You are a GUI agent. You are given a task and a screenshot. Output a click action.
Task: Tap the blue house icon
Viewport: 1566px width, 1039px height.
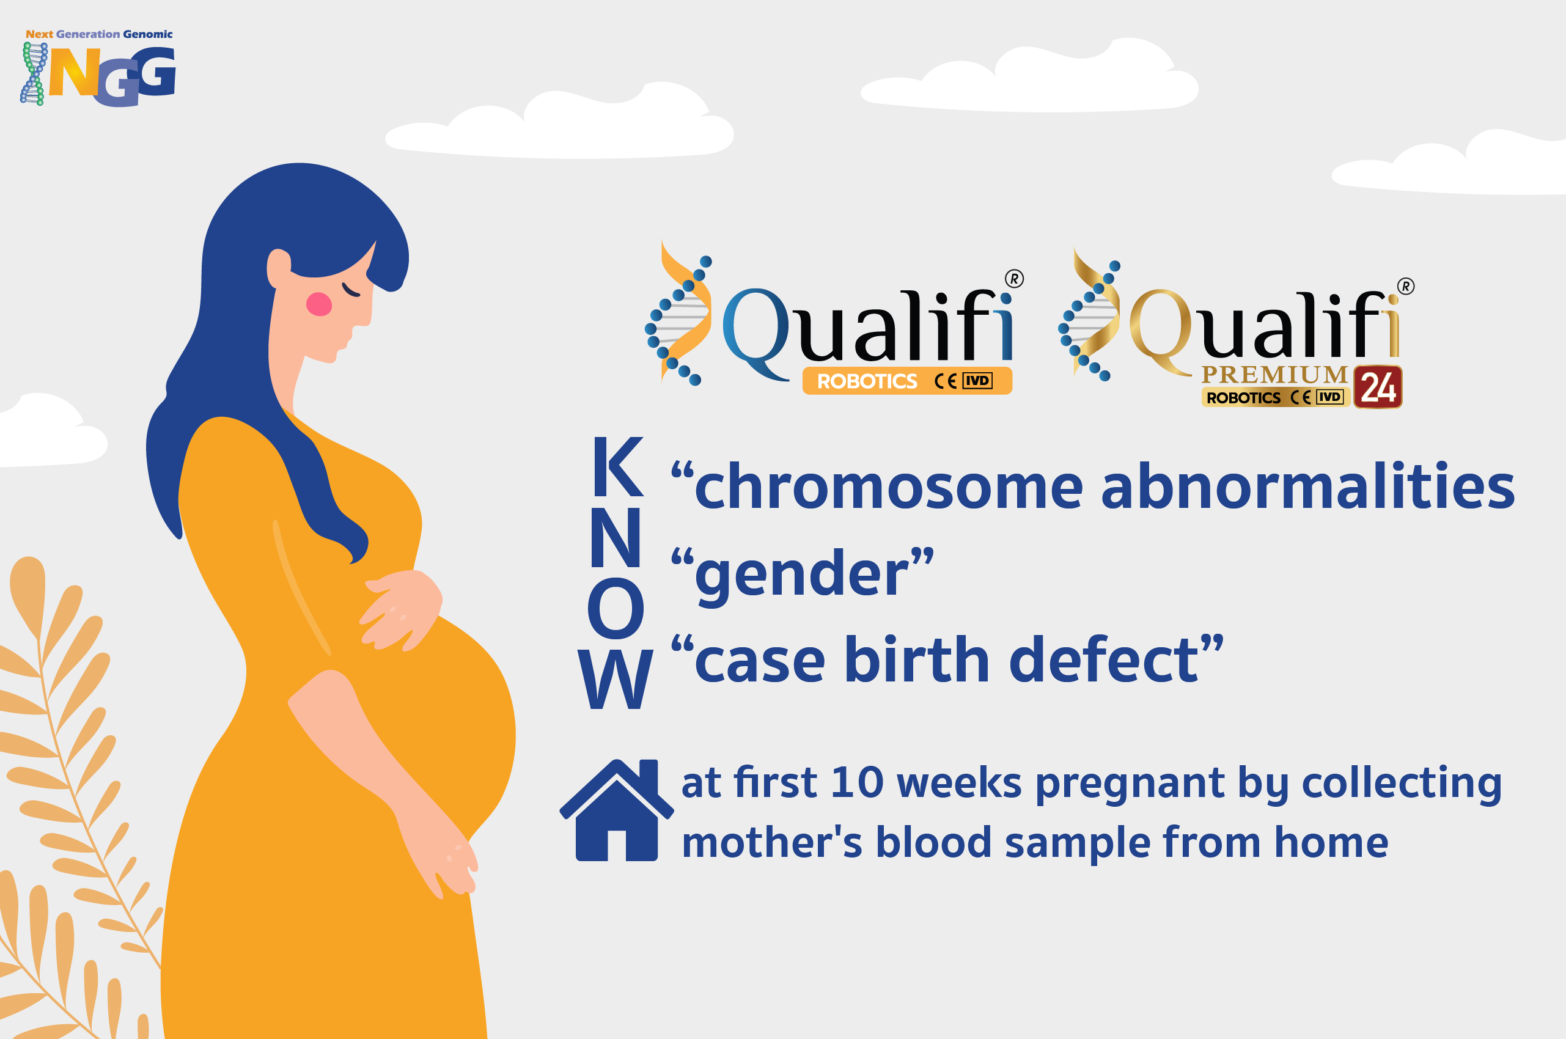pyautogui.click(x=616, y=810)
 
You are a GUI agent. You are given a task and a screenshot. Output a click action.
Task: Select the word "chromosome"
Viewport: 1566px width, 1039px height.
pyautogui.click(x=889, y=487)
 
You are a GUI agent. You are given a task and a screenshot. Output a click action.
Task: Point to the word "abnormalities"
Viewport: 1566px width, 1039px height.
pyautogui.click(x=1307, y=487)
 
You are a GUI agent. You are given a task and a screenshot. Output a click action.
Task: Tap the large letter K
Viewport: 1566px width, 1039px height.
pyautogui.click(x=617, y=466)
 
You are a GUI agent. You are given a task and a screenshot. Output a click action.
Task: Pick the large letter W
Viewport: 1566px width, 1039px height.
pyautogui.click(x=616, y=678)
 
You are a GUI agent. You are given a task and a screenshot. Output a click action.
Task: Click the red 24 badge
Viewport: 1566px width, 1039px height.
pyautogui.click(x=1378, y=387)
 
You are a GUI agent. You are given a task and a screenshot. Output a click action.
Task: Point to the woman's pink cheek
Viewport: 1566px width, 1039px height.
pyautogui.click(x=319, y=304)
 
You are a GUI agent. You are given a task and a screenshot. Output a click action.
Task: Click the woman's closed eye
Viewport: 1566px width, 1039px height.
pyautogui.click(x=351, y=291)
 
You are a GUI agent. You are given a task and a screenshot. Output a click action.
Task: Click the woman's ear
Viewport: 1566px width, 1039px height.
pyautogui.click(x=278, y=268)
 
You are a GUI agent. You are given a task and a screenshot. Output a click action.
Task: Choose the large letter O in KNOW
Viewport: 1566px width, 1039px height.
pyautogui.click(x=616, y=608)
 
